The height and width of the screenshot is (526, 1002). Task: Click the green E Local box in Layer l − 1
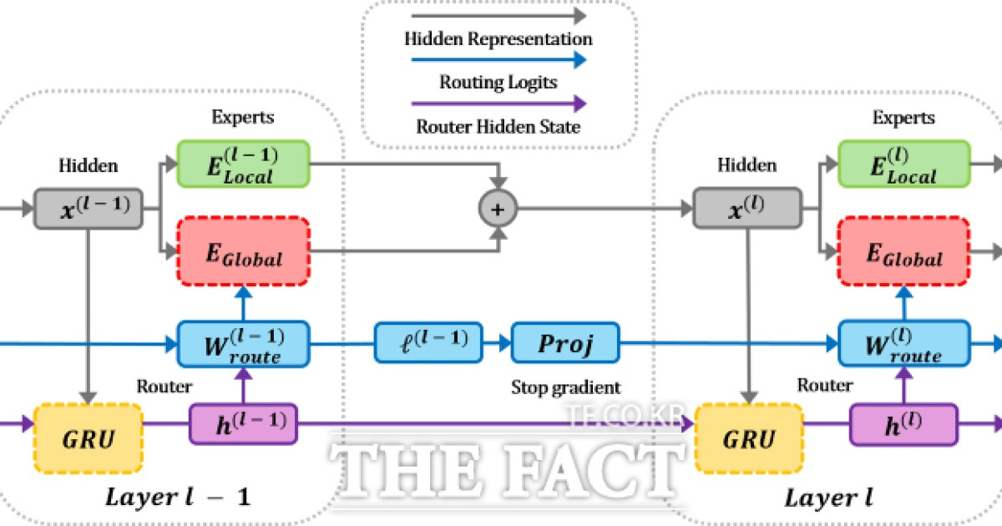tap(243, 164)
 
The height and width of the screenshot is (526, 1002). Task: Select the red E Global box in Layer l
tap(904, 251)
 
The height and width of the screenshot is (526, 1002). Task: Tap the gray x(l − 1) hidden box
tap(89, 209)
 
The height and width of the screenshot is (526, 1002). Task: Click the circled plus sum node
tap(498, 209)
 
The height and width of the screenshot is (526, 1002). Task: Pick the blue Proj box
tap(565, 343)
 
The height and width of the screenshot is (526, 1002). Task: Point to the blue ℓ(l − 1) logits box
tap(428, 343)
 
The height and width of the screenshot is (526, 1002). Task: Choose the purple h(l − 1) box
tap(243, 424)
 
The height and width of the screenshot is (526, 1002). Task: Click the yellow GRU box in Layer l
tap(749, 438)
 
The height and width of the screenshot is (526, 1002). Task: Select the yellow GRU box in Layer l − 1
tap(89, 438)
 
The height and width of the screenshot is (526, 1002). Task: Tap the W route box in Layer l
tap(904, 343)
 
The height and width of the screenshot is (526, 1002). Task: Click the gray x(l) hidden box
tap(747, 209)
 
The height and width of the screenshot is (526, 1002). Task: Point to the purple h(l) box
tap(904, 424)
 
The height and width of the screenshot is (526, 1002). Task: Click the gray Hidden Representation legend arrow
tap(498, 16)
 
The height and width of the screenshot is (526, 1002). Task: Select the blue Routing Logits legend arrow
tap(498, 59)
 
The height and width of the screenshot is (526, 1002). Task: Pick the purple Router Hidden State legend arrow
tap(498, 104)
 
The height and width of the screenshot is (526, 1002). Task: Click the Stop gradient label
tap(566, 387)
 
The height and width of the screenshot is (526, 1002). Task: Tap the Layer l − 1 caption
tap(178, 497)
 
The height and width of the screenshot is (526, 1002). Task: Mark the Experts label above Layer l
tap(903, 118)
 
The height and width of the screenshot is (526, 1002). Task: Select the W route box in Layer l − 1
tap(243, 344)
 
